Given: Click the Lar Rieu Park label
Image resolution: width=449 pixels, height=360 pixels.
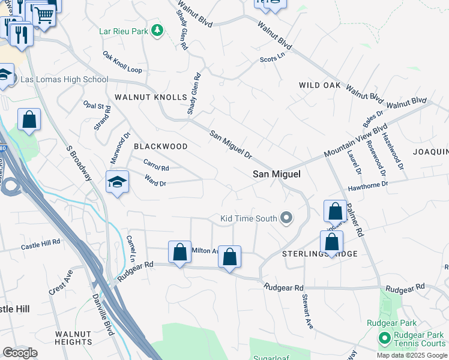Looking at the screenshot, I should click(124, 30).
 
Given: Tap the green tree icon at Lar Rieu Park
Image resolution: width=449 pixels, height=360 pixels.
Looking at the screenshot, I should click(157, 29).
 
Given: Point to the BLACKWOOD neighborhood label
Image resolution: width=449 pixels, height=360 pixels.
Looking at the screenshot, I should click(160, 146).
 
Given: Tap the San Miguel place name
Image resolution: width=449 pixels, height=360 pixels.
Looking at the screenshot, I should click(276, 174).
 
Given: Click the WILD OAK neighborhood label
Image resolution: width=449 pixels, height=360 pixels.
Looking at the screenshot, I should click(320, 86).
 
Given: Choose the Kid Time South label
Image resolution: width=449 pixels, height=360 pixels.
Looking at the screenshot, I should click(249, 218).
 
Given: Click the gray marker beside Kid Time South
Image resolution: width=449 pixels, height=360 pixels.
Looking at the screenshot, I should click(286, 218).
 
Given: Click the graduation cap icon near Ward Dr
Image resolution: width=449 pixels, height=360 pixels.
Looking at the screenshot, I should click(117, 182).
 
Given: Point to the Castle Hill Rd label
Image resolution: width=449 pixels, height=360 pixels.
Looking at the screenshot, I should click(41, 245).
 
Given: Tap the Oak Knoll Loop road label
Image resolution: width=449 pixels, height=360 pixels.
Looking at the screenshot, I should click(122, 62).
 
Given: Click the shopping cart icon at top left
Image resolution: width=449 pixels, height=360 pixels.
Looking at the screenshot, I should click(44, 14).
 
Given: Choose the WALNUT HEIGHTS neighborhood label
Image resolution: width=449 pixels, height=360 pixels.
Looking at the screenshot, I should click(73, 338).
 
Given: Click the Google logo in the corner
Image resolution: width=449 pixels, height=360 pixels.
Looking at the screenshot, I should click(20, 353).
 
